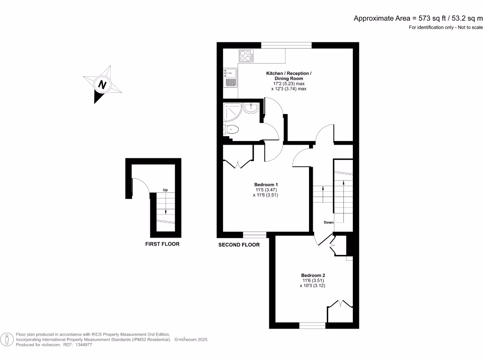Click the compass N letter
coord(101,85)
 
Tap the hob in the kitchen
coord(246,56)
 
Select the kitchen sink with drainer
coord(230,78)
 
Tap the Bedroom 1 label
coord(266,184)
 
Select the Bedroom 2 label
coord(313,275)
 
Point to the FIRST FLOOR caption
coord(162,244)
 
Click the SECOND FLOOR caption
coord(239,245)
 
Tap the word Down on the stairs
coord(329,222)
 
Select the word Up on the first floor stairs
coord(165,190)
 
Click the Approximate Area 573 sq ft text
coord(418,18)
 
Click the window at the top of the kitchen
coord(287,45)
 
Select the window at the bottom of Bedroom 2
coord(312,325)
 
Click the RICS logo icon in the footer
coord(7,339)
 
